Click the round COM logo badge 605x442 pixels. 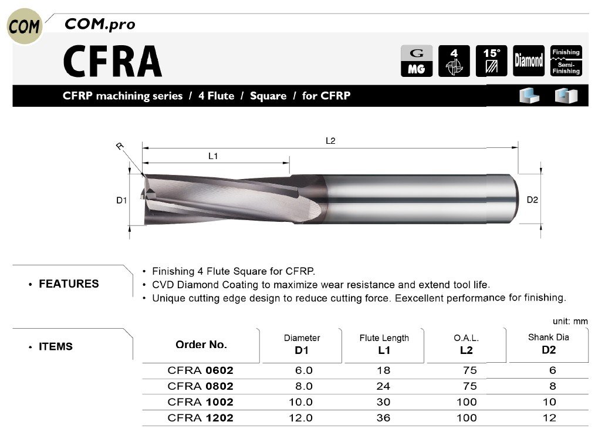pyautogui.click(x=24, y=26)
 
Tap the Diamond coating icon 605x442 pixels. pyautogui.click(x=529, y=60)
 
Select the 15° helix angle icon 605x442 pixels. pyautogui.click(x=491, y=60)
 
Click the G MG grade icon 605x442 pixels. pyautogui.click(x=416, y=60)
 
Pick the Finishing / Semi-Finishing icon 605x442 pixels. pyautogui.click(x=566, y=60)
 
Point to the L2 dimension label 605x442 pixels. pyautogui.click(x=330, y=141)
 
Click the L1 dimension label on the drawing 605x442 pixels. pyautogui.click(x=213, y=156)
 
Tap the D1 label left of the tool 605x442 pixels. pyautogui.click(x=121, y=200)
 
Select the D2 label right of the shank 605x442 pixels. pyautogui.click(x=532, y=200)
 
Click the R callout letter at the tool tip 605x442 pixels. pyautogui.click(x=120, y=146)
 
